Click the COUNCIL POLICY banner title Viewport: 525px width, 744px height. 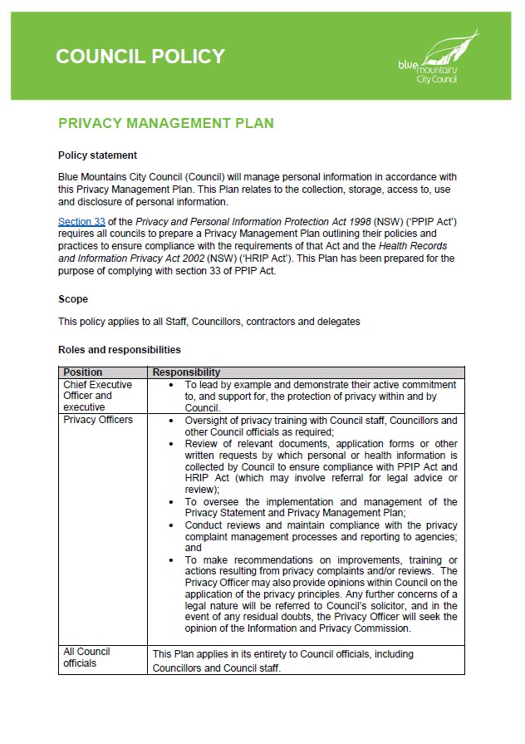coord(140,57)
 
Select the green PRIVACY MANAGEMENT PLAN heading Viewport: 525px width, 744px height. coord(165,124)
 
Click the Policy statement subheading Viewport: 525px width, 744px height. coord(97,155)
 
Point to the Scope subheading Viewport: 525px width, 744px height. coord(73,299)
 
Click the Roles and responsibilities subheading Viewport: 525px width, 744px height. coord(119,350)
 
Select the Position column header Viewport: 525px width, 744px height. coord(83,372)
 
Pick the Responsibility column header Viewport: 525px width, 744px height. coord(187,372)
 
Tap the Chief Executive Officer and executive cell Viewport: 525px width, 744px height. coord(97,396)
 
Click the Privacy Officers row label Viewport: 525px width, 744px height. coord(97,420)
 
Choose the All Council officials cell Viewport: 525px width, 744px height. coord(86,658)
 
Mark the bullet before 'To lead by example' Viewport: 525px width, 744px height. coord(170,386)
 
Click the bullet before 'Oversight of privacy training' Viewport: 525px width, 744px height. coord(170,421)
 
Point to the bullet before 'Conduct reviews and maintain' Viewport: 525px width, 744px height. coord(170,525)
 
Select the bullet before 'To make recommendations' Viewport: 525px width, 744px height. coord(170,560)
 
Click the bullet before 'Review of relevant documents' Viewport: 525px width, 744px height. coord(170,444)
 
